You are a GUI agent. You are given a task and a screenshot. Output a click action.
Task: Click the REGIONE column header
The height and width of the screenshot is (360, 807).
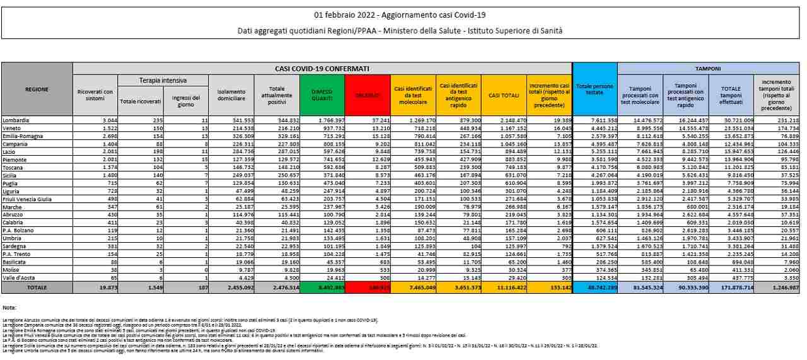(x=37, y=90)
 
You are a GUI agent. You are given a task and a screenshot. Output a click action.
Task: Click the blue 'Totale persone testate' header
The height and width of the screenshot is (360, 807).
(x=595, y=89)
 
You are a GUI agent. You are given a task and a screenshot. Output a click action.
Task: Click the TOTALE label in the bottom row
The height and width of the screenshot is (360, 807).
(x=37, y=287)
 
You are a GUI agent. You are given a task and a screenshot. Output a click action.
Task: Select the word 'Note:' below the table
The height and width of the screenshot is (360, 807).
(x=9, y=307)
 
